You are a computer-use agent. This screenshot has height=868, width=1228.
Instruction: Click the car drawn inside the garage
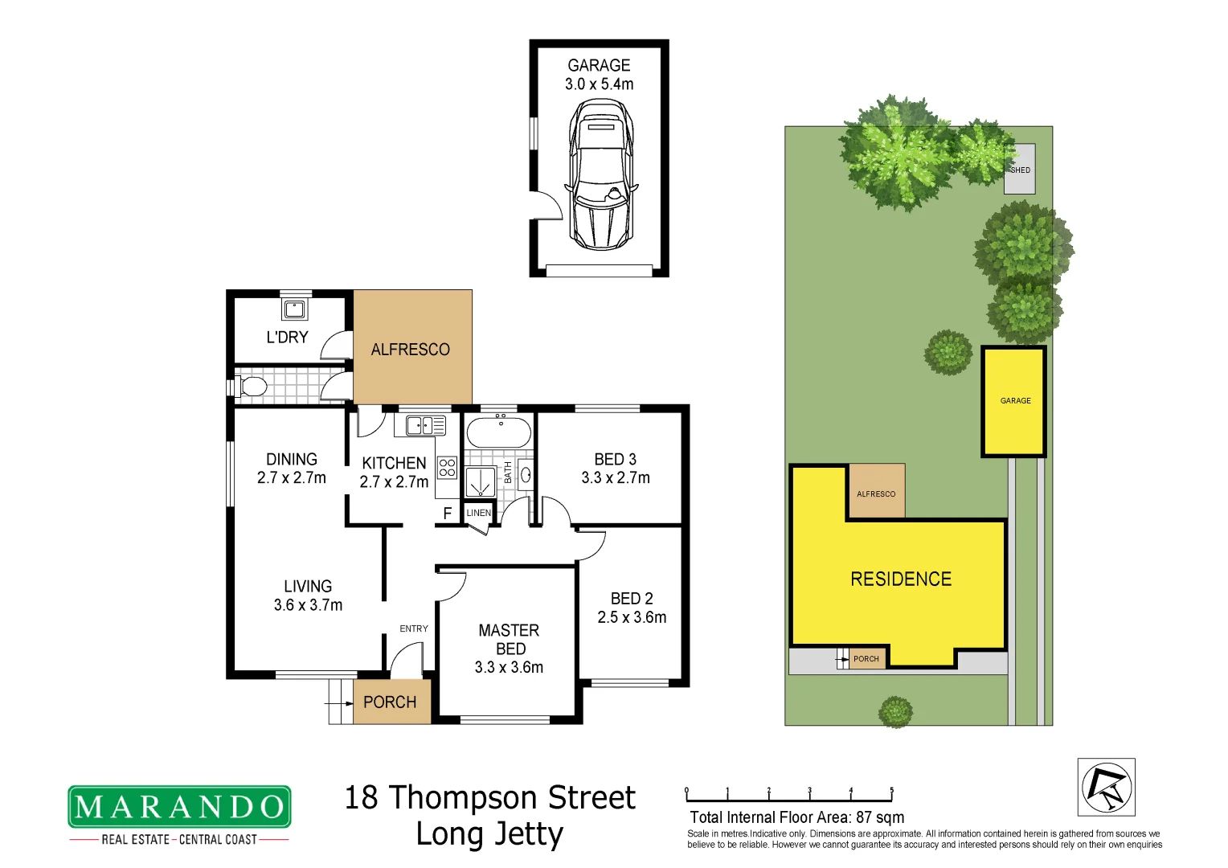(x=600, y=174)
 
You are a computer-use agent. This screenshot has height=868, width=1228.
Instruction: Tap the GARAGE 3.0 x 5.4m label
(x=599, y=75)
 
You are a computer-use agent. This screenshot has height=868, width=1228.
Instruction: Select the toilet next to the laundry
(x=252, y=387)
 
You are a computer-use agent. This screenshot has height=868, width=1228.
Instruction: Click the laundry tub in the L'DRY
(x=294, y=309)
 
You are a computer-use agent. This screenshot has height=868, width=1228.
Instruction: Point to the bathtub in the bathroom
(x=499, y=432)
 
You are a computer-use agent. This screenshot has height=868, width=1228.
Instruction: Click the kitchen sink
(x=425, y=425)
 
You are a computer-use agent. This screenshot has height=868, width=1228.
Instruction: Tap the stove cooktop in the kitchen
(x=447, y=468)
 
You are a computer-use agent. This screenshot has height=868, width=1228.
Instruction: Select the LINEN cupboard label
(x=479, y=513)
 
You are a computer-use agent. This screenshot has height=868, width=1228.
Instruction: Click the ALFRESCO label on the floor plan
(x=410, y=350)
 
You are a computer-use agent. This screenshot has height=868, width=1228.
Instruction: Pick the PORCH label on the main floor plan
(x=390, y=702)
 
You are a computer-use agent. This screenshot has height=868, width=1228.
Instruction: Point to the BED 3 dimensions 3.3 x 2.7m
(x=616, y=477)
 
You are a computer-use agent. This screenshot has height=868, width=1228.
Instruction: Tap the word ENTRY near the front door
(x=414, y=628)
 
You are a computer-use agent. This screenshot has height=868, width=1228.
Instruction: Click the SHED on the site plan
(x=1020, y=170)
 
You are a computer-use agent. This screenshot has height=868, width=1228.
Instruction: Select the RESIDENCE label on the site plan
(x=901, y=579)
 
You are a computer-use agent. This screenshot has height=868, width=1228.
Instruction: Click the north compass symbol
(x=1106, y=787)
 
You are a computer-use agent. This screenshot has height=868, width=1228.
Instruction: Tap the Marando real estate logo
(x=179, y=807)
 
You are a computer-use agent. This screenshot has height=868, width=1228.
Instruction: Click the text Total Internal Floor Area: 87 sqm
(x=796, y=817)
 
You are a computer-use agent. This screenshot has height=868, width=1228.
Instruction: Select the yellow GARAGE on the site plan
(x=1014, y=401)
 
